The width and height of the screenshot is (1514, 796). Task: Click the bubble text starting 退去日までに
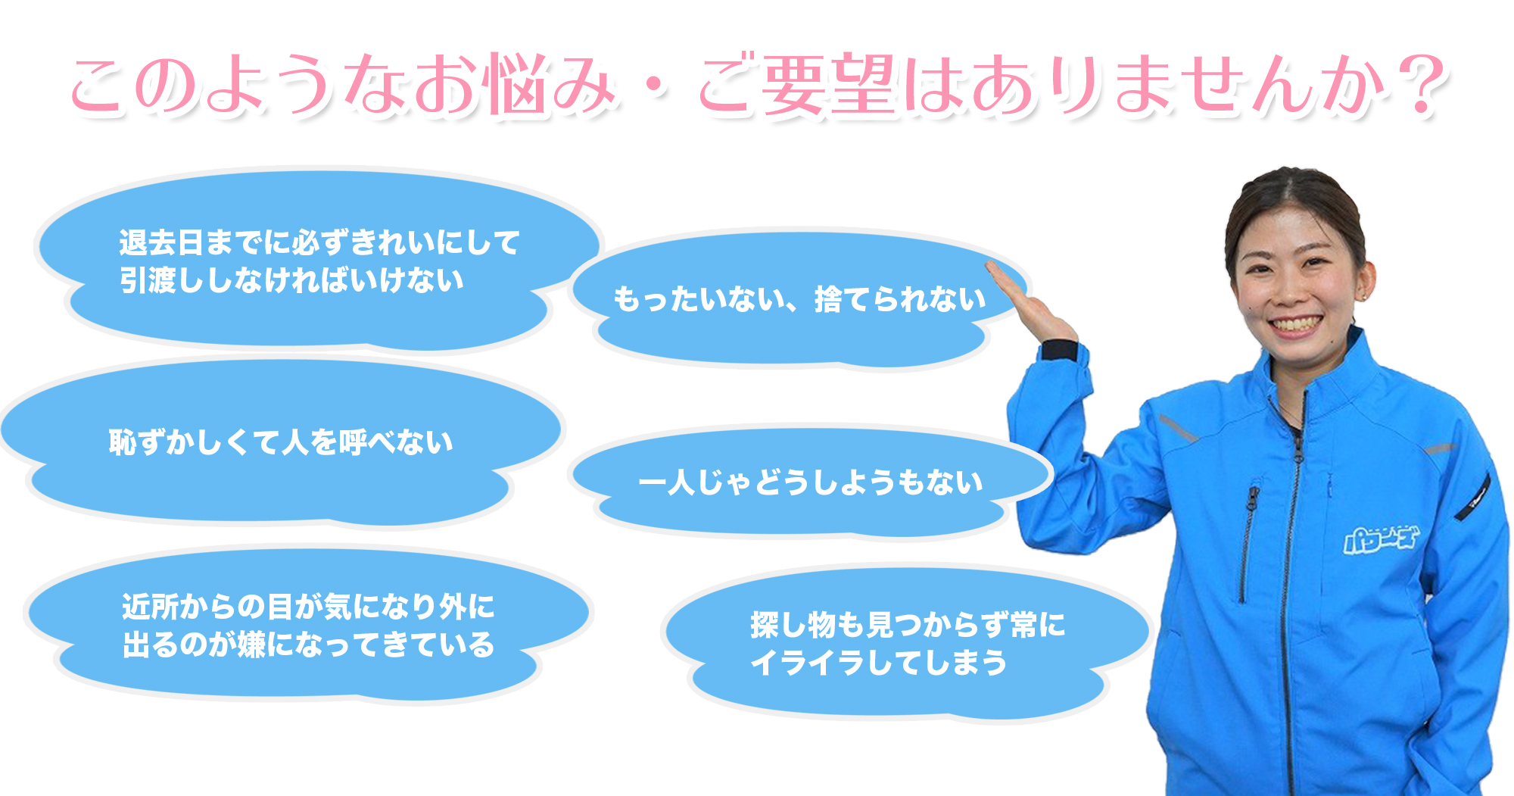point(319,242)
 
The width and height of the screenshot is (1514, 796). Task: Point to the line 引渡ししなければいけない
point(291,280)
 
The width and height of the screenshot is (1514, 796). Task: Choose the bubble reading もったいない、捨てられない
point(799,299)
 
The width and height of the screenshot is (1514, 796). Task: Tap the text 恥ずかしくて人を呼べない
point(281,442)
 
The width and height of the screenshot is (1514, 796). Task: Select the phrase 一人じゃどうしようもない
point(811,482)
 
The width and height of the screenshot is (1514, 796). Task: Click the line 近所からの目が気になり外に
point(308,607)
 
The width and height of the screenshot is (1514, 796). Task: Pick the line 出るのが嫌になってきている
point(308,645)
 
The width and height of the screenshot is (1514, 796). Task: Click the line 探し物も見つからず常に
point(908,625)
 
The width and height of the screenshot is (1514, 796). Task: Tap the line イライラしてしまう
point(879,663)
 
